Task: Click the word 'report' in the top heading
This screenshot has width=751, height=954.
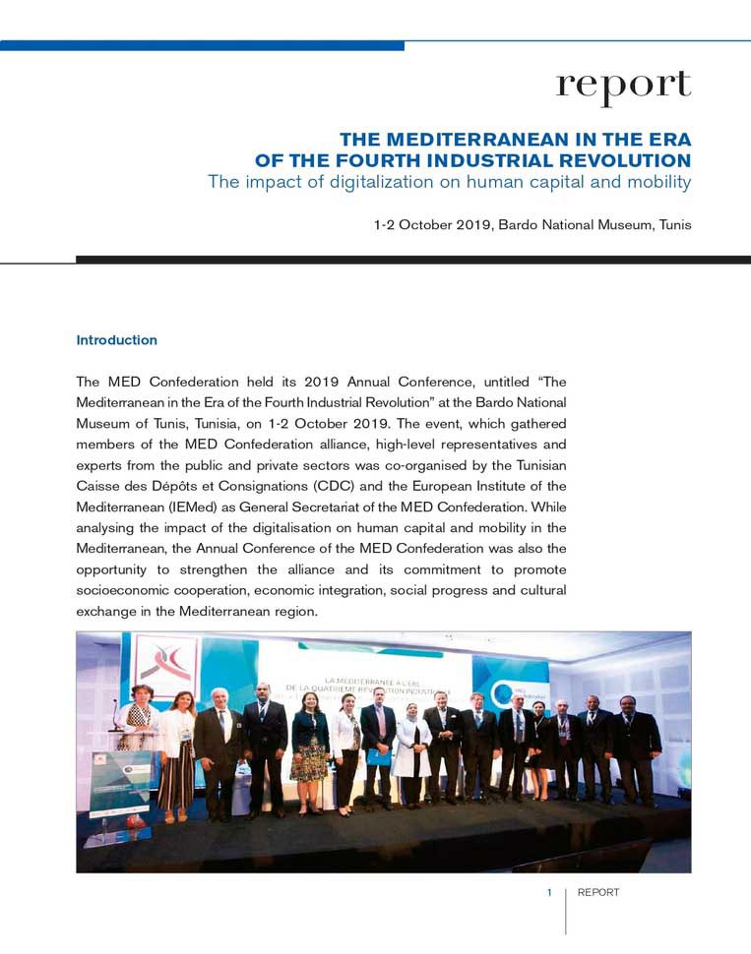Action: [623, 86]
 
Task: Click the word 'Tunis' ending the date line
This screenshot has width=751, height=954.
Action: [672, 225]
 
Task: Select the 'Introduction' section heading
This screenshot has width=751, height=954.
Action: [116, 340]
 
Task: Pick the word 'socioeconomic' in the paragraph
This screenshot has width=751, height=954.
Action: [124, 590]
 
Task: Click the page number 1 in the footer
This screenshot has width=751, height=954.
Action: [549, 893]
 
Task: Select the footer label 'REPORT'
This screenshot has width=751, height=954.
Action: [597, 893]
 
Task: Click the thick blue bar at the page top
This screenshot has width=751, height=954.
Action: [202, 45]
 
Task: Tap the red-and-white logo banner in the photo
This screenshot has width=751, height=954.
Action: [164, 660]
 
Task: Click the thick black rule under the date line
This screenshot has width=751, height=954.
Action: [413, 260]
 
